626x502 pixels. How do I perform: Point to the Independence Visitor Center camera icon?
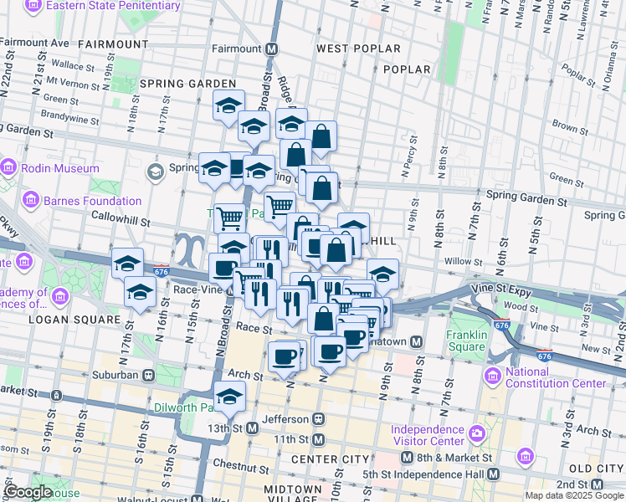477,435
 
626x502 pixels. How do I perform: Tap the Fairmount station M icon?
272,49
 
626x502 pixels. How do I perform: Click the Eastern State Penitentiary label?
113,6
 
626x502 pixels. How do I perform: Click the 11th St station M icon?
318,439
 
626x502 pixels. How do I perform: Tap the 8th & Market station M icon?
407,458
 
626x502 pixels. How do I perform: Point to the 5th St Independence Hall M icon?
494,474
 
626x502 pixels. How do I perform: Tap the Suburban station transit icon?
148,375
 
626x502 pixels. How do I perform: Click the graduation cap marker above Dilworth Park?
228,396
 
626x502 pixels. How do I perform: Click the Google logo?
28,492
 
